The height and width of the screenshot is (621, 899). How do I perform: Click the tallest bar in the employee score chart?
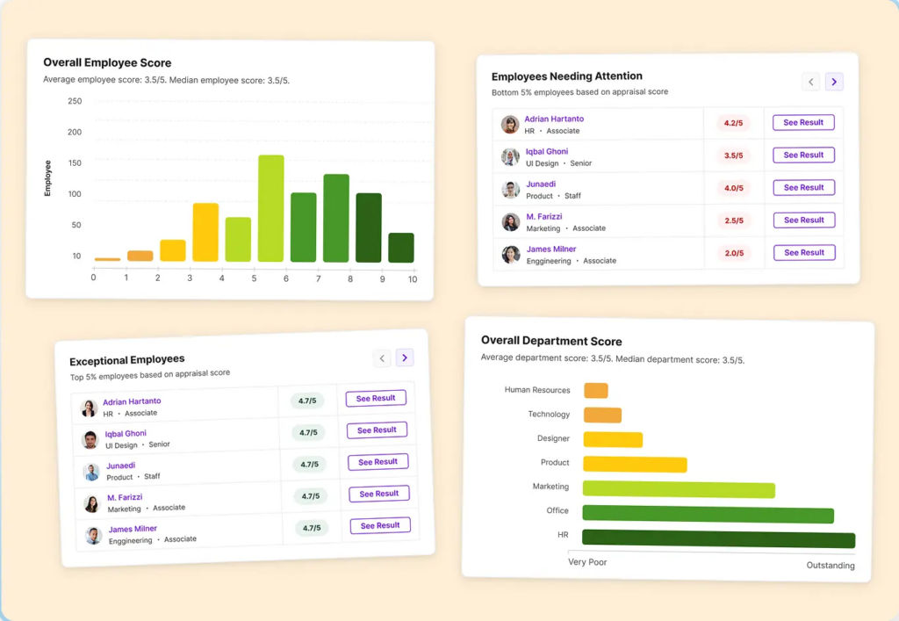[x=270, y=208]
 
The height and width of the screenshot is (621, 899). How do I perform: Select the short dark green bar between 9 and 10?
[x=401, y=248]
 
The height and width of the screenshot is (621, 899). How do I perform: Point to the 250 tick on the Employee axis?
[x=75, y=101]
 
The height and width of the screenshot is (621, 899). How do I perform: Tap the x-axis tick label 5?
[x=254, y=278]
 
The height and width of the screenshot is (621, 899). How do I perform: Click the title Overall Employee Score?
[x=107, y=63]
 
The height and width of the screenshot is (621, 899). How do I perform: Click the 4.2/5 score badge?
[x=731, y=124]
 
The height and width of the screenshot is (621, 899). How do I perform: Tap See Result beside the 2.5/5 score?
[x=803, y=220]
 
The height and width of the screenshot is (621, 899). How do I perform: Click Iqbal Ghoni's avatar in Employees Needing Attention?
[x=510, y=157]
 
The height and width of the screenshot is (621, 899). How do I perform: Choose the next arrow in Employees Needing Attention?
[x=834, y=82]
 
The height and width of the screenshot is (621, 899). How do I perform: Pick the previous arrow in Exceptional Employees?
[x=381, y=358]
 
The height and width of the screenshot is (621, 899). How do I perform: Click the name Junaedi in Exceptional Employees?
[x=121, y=466]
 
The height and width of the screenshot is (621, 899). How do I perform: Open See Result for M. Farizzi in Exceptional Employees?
[x=379, y=494]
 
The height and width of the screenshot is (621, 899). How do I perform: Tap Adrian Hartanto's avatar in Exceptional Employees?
[x=89, y=408]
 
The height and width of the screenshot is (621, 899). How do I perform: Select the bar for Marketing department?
[x=678, y=489]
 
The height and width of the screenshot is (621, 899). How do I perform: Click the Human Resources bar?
[x=595, y=391]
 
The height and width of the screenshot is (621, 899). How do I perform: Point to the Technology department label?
[x=549, y=415]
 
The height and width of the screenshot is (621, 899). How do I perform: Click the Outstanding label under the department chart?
[x=830, y=566]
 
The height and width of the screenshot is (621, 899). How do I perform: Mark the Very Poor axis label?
[x=587, y=562]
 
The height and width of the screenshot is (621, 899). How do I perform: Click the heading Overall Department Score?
[x=551, y=341]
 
